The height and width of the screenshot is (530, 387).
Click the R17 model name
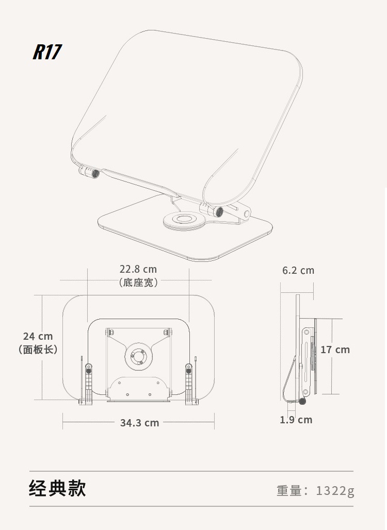tap(47, 52)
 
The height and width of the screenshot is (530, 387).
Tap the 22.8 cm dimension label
tap(138, 269)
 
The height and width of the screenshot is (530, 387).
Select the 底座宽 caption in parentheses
tap(138, 283)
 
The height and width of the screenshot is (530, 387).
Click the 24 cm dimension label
tap(38, 337)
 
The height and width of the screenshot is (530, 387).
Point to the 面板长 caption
tap(38, 350)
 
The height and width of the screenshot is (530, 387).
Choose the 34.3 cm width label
tap(139, 423)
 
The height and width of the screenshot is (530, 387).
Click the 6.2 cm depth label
tap(298, 270)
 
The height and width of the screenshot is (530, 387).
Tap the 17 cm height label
tap(335, 350)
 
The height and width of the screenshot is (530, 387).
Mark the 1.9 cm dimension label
tap(296, 420)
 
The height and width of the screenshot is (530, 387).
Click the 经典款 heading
tap(57, 488)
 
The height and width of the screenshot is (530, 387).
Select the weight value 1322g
tap(335, 490)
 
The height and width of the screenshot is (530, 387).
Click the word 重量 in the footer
tap(289, 490)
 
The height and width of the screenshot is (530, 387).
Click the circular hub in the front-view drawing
tap(138, 356)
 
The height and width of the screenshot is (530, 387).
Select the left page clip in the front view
tap(88, 382)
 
